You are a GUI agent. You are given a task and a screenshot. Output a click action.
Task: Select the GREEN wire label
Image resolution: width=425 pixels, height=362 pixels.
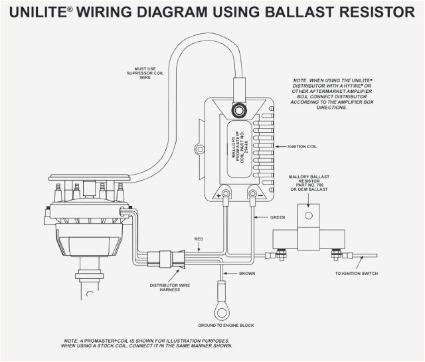(278, 217)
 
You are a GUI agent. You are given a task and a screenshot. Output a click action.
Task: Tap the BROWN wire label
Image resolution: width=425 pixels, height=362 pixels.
(248, 273)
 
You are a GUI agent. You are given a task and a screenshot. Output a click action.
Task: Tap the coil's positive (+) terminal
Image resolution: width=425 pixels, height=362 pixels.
(226, 194)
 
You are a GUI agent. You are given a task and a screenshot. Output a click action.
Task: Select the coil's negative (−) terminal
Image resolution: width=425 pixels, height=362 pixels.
(253, 194)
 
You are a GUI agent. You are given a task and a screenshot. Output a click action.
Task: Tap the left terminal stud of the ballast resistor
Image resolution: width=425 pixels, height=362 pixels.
(280, 253)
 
